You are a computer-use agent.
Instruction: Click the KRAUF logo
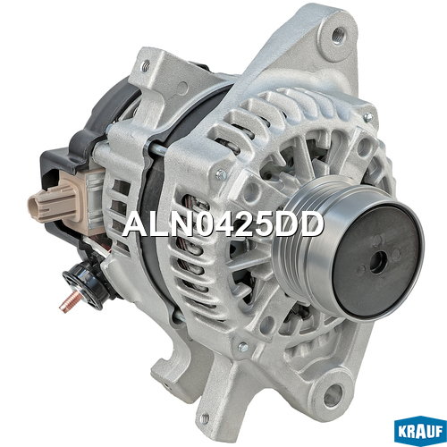click(420, 431)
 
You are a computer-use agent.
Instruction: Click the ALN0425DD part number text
click(223, 225)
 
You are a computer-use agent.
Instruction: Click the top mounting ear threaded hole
click(338, 35)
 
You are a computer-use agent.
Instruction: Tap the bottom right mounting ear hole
click(332, 396)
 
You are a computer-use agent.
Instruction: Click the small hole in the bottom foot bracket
click(205, 418)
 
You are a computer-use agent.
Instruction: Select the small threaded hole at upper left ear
click(146, 67)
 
